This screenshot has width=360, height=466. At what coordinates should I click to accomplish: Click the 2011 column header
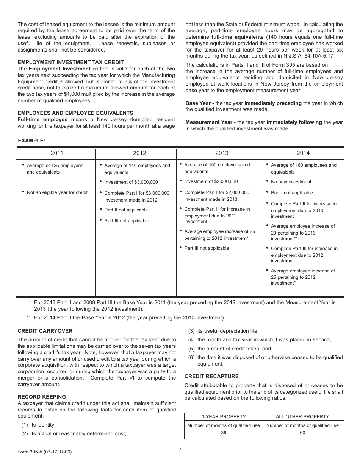click(57, 153)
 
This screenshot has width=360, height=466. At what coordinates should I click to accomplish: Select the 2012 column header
click(139, 153)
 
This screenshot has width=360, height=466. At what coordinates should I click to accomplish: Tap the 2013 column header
click(222, 153)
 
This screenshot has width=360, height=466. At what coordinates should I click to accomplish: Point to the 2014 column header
click(303, 153)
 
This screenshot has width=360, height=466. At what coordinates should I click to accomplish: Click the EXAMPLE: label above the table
click(32, 141)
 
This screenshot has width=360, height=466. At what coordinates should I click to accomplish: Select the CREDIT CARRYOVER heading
click(45, 331)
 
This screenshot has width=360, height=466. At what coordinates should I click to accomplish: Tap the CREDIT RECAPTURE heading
click(211, 376)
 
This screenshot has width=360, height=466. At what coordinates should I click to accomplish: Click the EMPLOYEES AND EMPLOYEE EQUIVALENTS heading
click(75, 113)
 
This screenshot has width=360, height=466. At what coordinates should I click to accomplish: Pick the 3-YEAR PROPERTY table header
click(224, 416)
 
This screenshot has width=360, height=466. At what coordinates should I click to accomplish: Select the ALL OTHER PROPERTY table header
click(302, 416)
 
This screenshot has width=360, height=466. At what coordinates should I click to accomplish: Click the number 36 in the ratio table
click(224, 432)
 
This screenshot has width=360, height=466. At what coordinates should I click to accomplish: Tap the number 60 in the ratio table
click(302, 432)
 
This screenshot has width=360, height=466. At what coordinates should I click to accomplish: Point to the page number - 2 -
click(180, 450)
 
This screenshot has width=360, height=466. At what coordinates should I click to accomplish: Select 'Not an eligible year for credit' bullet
click(57, 192)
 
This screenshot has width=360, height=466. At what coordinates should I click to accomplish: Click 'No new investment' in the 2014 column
click(291, 182)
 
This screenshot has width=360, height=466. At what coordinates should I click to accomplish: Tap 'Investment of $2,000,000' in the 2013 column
click(211, 181)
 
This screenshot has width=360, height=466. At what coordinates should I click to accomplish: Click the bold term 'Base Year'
click(198, 103)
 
